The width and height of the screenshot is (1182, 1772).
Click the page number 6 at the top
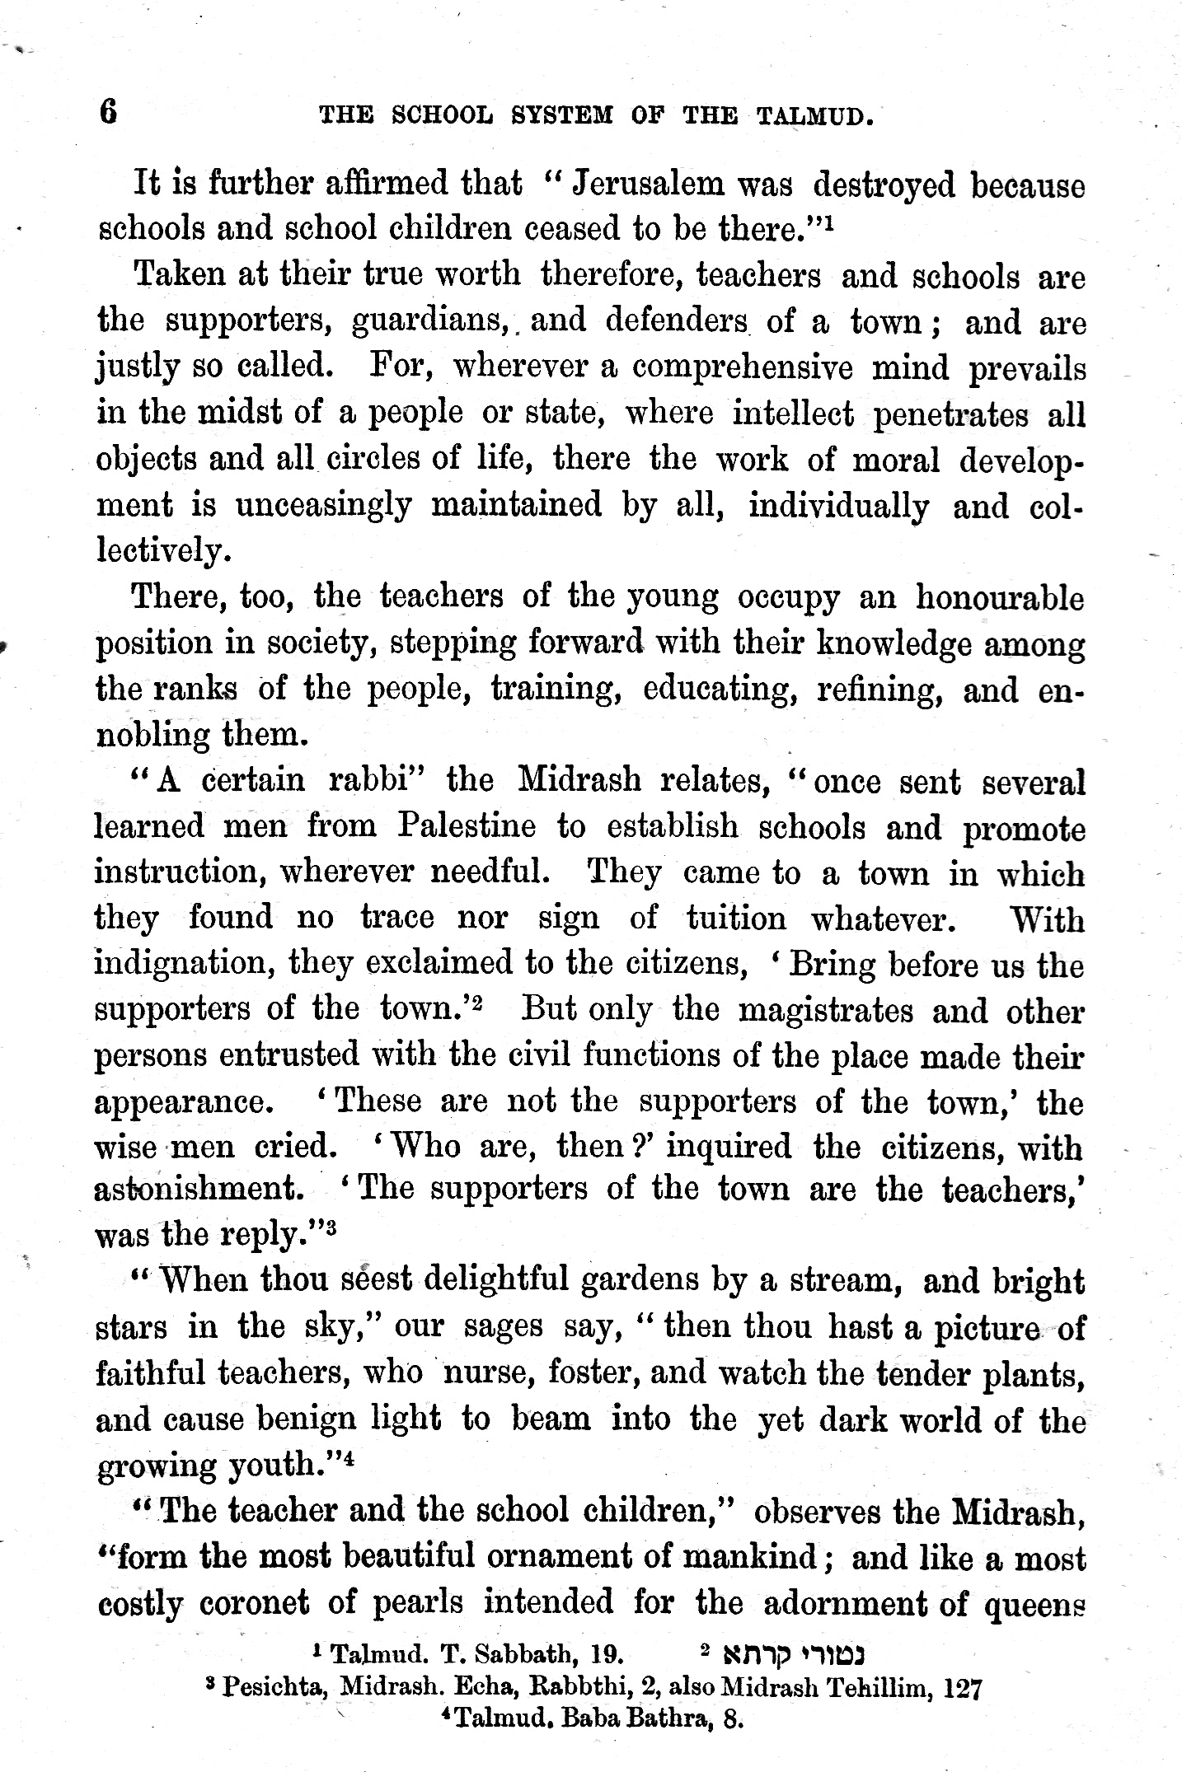[108, 111]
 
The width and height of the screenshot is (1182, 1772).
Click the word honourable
[1000, 596]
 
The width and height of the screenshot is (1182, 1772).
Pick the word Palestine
[467, 825]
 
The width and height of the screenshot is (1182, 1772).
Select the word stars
[132, 1327]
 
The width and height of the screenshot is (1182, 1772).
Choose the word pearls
[418, 1603]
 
